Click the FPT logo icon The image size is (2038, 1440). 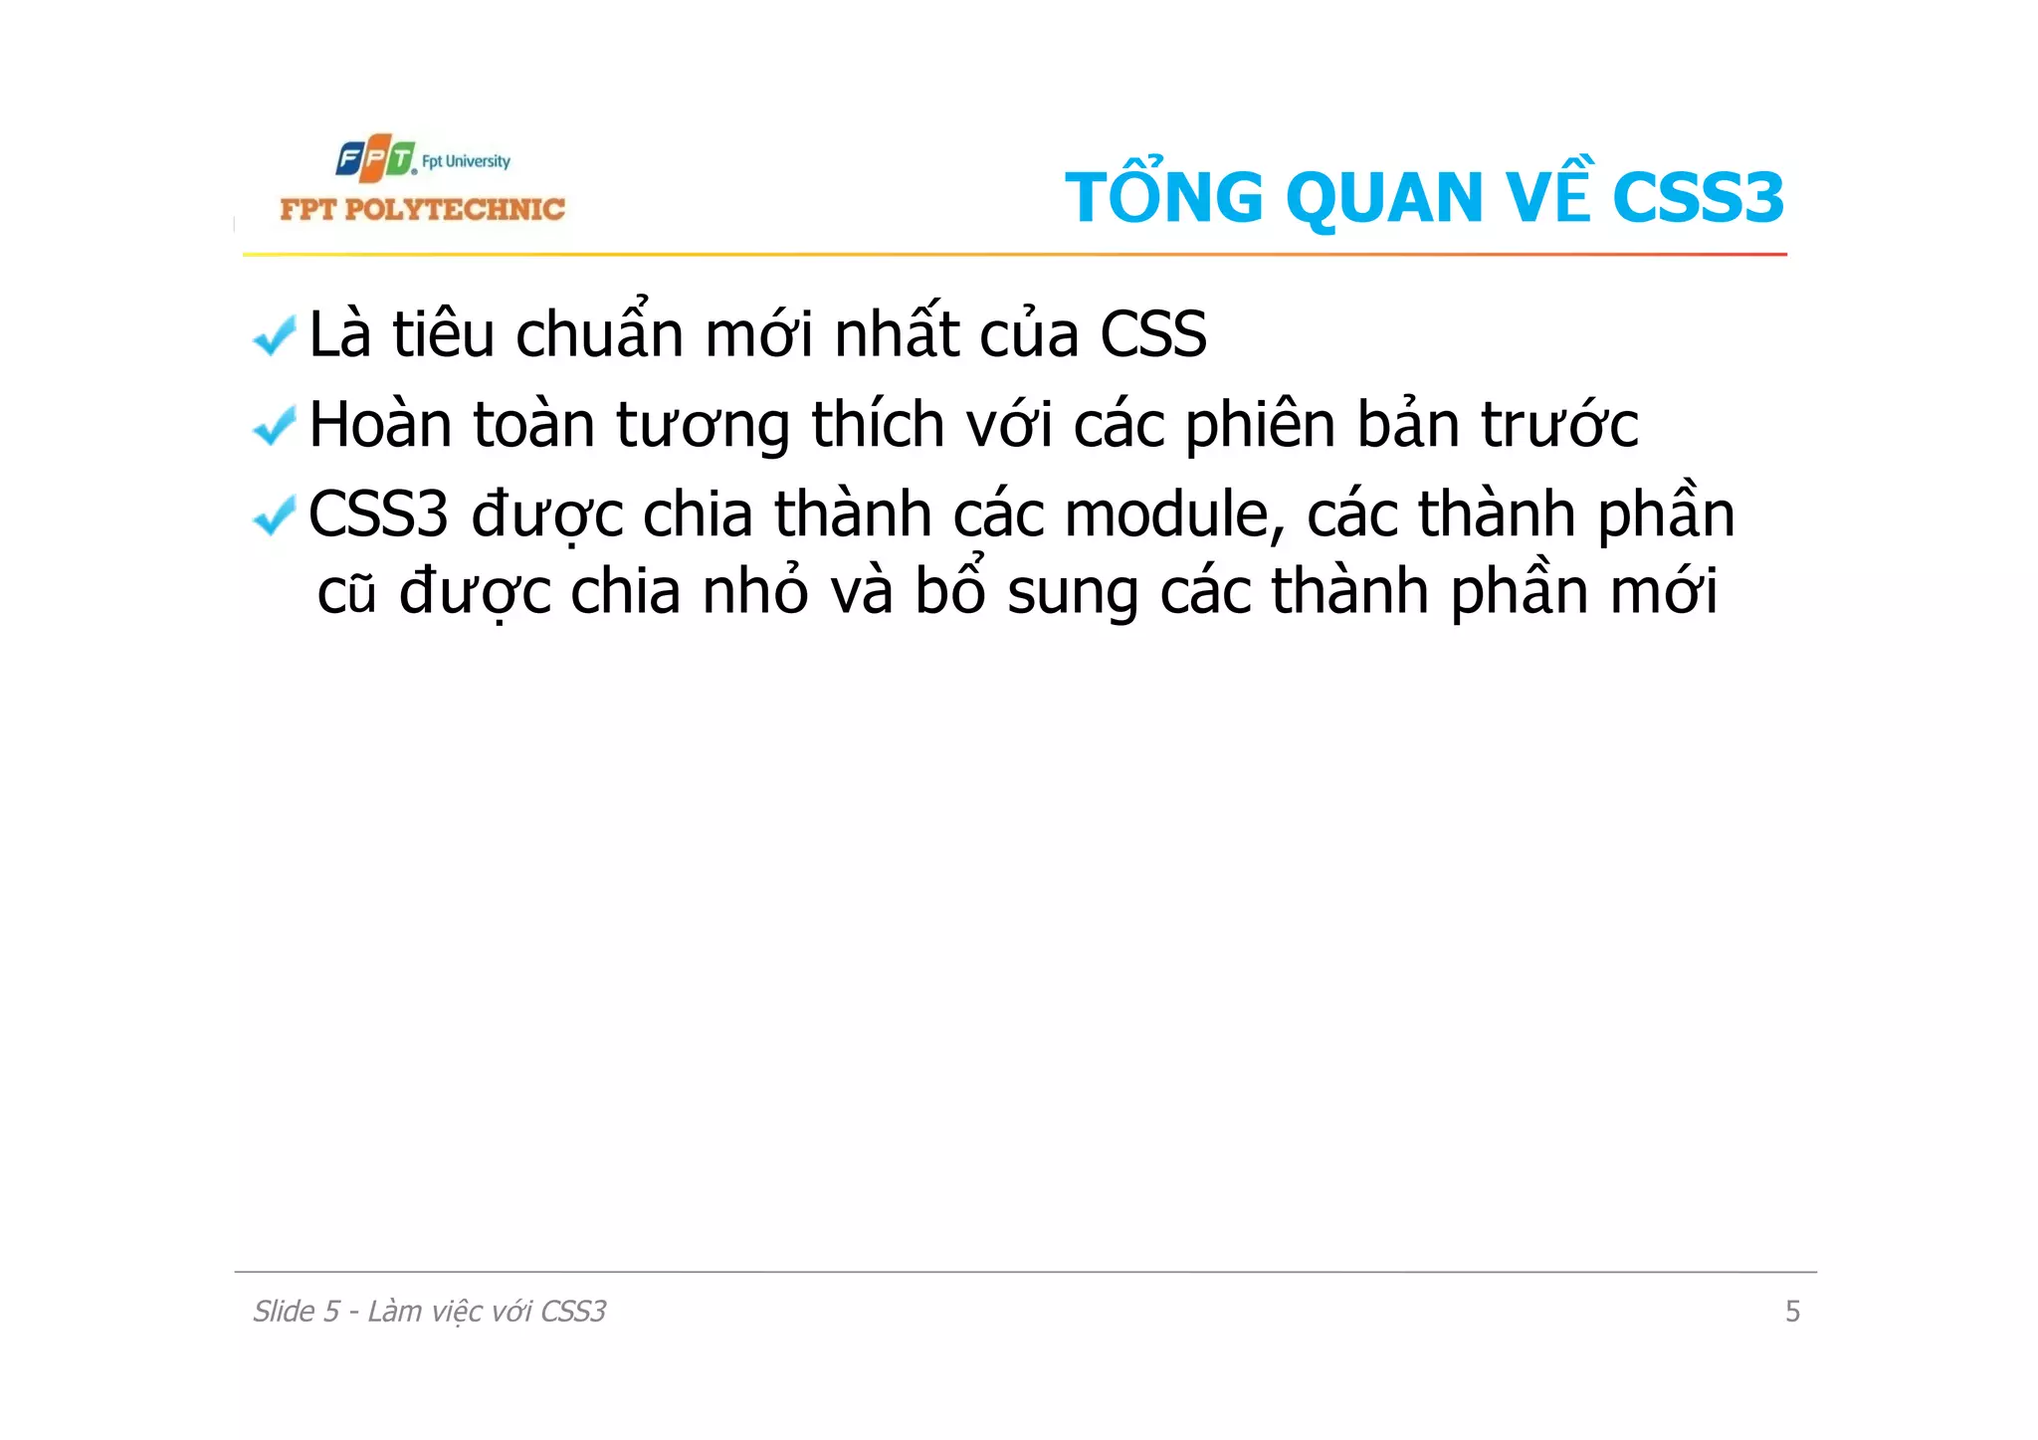pos(375,159)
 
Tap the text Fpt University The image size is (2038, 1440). pos(466,161)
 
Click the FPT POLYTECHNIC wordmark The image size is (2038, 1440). pos(422,209)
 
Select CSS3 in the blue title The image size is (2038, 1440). pos(1698,198)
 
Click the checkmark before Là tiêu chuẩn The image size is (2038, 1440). pos(275,335)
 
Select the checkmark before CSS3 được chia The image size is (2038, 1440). pos(275,515)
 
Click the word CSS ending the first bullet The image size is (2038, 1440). pos(1152,334)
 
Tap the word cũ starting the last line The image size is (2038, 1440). pos(346,592)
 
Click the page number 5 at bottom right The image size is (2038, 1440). pos(1792,1312)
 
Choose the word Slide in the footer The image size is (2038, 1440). pos(284,1312)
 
